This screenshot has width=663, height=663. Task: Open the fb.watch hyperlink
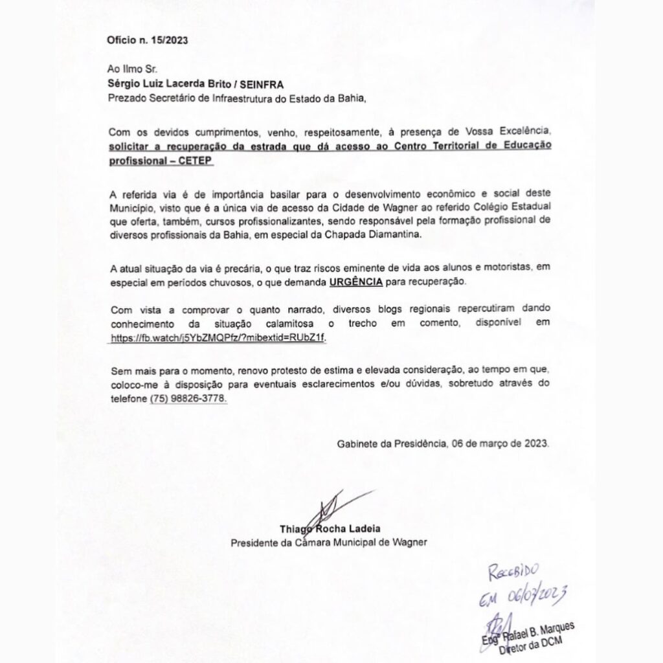coord(217,338)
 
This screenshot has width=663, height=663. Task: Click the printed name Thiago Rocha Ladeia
coord(328,528)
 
